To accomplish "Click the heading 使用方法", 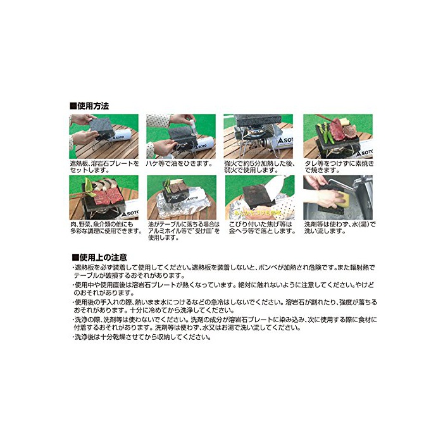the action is [89, 106].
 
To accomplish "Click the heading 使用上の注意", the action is [99, 258].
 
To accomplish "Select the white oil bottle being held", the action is [192, 125].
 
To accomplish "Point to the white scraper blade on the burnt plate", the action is [275, 187].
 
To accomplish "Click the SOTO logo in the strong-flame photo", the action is [285, 140].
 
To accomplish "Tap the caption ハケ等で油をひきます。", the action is [179, 163].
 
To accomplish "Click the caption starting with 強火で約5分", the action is [259, 166].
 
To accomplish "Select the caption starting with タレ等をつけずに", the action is [339, 166].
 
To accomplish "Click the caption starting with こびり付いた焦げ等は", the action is [262, 228].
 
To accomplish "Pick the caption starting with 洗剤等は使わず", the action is [340, 228].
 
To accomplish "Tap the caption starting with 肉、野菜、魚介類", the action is [106, 228].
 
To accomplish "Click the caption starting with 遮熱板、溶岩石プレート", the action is [104, 166].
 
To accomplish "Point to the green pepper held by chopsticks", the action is [90, 187].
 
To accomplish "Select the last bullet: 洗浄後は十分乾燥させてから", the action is [142, 337].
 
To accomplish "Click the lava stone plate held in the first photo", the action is [103, 127].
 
